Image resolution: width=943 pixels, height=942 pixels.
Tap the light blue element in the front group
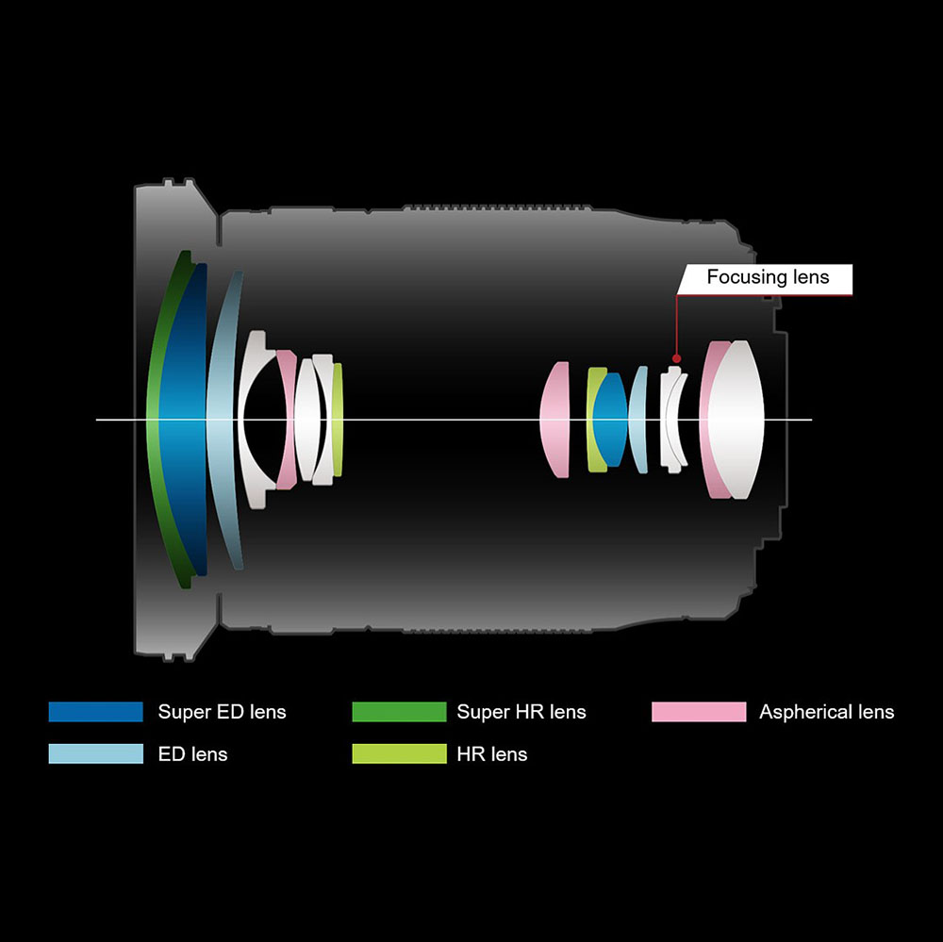tap(221, 420)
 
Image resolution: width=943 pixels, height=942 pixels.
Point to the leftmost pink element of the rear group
tap(555, 420)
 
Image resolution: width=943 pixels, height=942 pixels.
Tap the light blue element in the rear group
tap(639, 420)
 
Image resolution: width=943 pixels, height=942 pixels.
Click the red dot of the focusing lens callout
tap(675, 357)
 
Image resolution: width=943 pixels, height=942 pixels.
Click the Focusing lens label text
tap(768, 277)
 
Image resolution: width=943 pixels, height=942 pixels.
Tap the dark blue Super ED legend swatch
tap(95, 712)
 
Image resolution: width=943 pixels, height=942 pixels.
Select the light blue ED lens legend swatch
tap(95, 753)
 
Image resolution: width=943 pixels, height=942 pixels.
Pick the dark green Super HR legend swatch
tap(399, 712)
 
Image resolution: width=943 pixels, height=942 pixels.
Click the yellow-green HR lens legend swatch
tap(399, 753)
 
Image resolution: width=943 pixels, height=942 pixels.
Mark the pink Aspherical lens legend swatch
tap(698, 712)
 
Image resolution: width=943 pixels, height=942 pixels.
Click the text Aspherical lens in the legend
tap(826, 712)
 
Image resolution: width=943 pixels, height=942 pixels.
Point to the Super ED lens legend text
tap(222, 712)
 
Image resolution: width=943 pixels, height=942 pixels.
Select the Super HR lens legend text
tap(521, 712)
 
